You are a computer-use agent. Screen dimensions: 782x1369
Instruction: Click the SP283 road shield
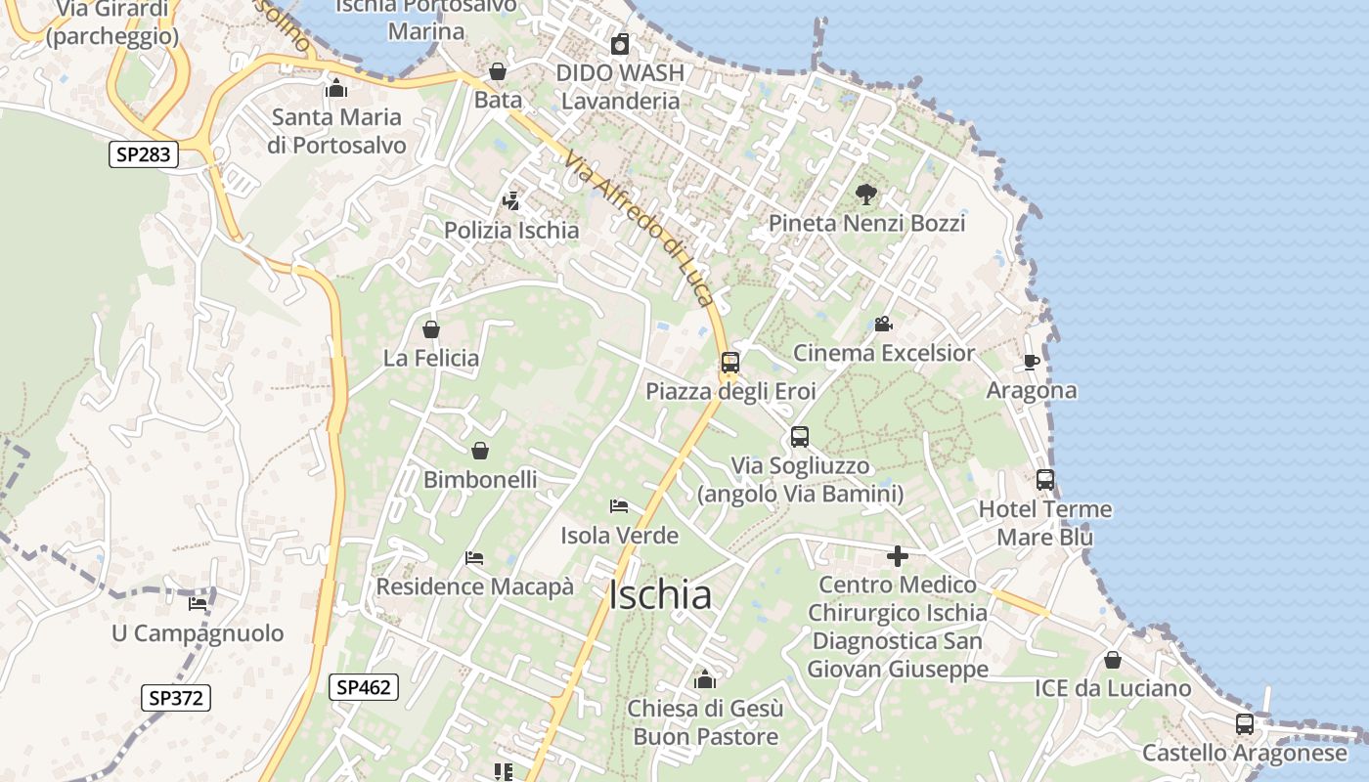[x=143, y=153]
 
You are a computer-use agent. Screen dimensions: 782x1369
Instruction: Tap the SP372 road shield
[x=176, y=698]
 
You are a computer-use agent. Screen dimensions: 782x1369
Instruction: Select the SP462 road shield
[x=363, y=687]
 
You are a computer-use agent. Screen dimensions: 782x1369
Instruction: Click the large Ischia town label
[x=660, y=595]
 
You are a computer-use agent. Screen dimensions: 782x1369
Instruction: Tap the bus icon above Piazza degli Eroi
[x=729, y=363]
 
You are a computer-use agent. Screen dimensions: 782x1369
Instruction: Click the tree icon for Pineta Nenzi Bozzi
[x=865, y=194]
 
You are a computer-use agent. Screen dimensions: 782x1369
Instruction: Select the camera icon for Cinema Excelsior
[x=883, y=324]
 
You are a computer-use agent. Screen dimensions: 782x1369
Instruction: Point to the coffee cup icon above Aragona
[x=1031, y=362]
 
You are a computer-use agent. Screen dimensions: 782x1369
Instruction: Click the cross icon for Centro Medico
[x=897, y=556]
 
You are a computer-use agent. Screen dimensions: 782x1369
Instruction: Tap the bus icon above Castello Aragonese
[x=1244, y=724]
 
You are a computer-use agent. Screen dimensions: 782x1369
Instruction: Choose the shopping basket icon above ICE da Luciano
[x=1112, y=660]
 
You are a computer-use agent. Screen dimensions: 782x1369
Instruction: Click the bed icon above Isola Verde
[x=619, y=506]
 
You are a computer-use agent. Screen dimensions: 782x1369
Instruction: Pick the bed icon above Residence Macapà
[x=474, y=558]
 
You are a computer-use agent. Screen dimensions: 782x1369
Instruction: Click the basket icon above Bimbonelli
[x=479, y=451]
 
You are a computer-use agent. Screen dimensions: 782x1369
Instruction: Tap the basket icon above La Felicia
[x=430, y=329]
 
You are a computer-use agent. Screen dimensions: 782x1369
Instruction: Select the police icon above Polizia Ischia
[x=510, y=201]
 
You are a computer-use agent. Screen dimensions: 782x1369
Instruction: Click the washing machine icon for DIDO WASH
[x=619, y=44]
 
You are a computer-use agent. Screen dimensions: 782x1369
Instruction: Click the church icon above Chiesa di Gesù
[x=704, y=678]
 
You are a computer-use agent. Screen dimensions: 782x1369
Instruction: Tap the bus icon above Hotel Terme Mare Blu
[x=1044, y=480]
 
